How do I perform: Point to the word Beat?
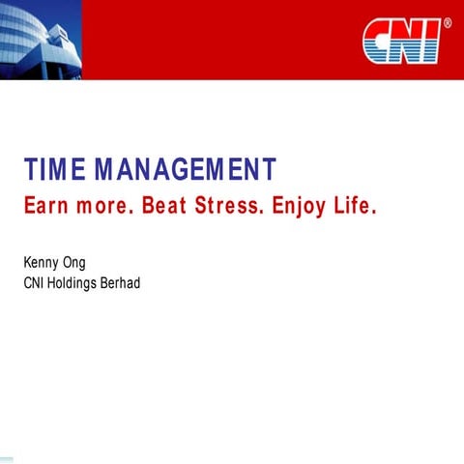[168, 208]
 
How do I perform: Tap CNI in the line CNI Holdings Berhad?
[33, 282]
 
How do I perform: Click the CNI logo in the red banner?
[401, 41]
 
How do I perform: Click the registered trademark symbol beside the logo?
[446, 22]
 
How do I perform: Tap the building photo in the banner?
[39, 34]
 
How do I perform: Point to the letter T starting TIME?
[29, 169]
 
